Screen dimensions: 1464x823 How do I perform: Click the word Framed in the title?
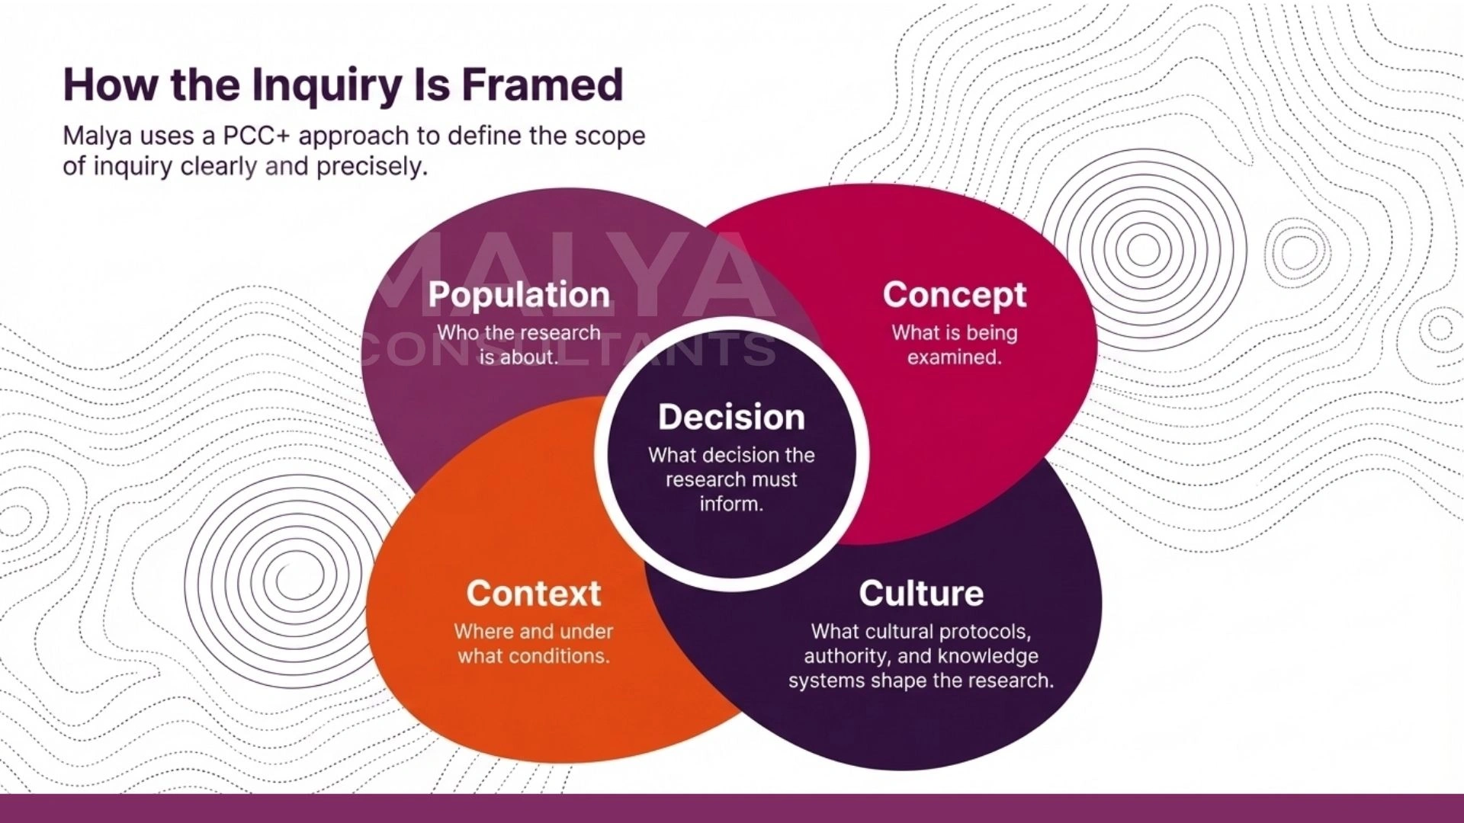542,85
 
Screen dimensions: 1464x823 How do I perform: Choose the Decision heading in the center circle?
731,417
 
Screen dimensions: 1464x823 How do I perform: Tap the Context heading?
534,594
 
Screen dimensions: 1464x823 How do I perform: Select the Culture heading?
921,594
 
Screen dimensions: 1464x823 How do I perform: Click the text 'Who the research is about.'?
519,344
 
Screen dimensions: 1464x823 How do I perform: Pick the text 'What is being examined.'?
955,344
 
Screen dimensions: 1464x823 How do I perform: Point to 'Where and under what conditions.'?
534,643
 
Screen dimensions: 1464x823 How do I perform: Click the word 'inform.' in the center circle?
731,504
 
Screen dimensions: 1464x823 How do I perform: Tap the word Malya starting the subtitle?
98,136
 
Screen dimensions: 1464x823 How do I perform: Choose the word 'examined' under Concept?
954,357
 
